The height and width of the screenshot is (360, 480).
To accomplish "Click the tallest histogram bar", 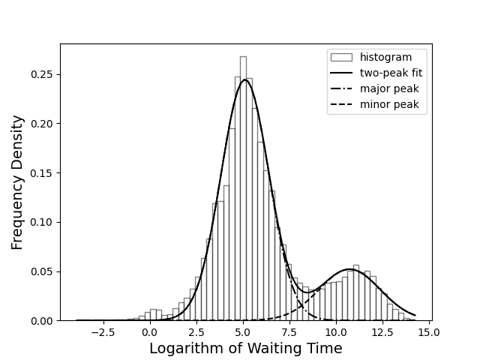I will tap(243, 187).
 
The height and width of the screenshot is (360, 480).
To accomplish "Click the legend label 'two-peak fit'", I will tap(391, 73).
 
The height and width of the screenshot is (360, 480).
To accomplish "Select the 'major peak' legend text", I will tap(389, 89).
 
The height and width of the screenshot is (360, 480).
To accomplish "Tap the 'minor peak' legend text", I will tap(389, 105).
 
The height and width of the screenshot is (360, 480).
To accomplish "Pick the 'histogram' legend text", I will tap(385, 58).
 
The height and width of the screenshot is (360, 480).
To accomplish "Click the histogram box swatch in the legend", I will tap(341, 58).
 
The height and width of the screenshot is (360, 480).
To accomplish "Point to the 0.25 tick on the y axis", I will tap(42, 74).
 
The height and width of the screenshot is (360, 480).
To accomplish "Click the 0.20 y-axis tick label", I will tap(42, 124).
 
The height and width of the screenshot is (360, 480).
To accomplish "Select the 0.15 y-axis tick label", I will tap(42, 173).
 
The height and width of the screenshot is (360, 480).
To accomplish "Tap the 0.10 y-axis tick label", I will tap(42, 223).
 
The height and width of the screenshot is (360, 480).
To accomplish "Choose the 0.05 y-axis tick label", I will tap(42, 271).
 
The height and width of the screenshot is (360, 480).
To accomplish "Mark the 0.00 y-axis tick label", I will tap(42, 321).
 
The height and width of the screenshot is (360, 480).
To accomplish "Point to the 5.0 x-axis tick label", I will tap(243, 332).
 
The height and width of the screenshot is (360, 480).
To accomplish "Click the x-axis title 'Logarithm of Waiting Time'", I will tap(245, 349).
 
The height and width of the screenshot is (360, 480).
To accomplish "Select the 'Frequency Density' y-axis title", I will tap(18, 182).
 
